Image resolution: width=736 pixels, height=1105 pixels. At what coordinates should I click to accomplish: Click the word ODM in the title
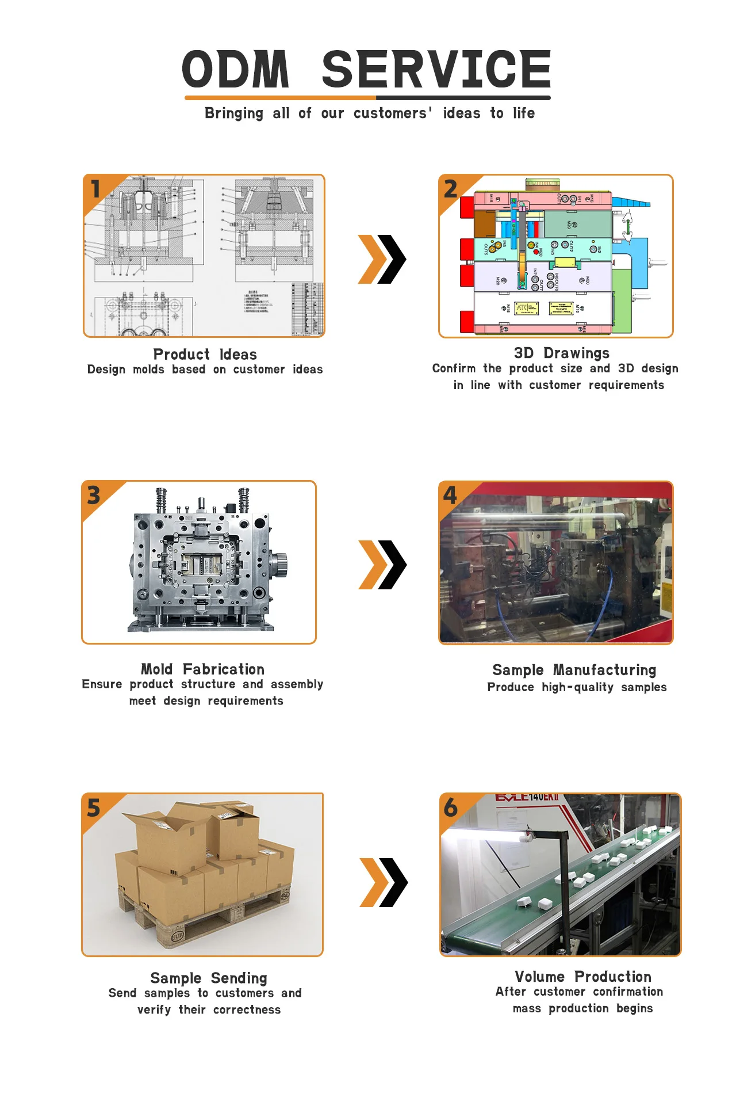click(x=236, y=69)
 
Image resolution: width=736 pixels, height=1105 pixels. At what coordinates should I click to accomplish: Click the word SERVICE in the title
click(x=436, y=69)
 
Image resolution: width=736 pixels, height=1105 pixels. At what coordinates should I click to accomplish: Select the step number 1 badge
click(x=96, y=189)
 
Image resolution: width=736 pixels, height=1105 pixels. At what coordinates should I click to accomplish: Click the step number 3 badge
click(x=94, y=496)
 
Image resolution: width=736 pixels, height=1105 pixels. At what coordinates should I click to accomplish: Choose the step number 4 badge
click(x=450, y=495)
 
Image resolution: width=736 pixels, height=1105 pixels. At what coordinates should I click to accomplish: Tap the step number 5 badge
click(x=94, y=808)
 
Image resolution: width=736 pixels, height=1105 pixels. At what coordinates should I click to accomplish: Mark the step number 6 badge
click(x=451, y=807)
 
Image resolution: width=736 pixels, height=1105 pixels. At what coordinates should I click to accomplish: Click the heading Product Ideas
click(x=205, y=355)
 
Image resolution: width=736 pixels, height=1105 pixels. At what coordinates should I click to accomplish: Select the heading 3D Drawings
click(x=561, y=353)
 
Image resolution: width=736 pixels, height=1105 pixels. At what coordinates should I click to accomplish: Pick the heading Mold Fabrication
click(x=202, y=669)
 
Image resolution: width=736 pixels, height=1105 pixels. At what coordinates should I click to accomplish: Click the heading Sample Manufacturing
click(x=574, y=670)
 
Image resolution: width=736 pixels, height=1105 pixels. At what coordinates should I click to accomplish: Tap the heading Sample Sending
click(x=209, y=978)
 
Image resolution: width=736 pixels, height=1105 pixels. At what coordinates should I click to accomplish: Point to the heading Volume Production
click(x=582, y=977)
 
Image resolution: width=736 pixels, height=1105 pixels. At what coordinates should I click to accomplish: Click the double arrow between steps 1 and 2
click(x=382, y=259)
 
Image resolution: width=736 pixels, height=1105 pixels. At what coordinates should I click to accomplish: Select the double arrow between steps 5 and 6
click(x=383, y=882)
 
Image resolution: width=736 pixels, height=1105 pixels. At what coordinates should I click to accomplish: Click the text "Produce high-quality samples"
click(x=577, y=687)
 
